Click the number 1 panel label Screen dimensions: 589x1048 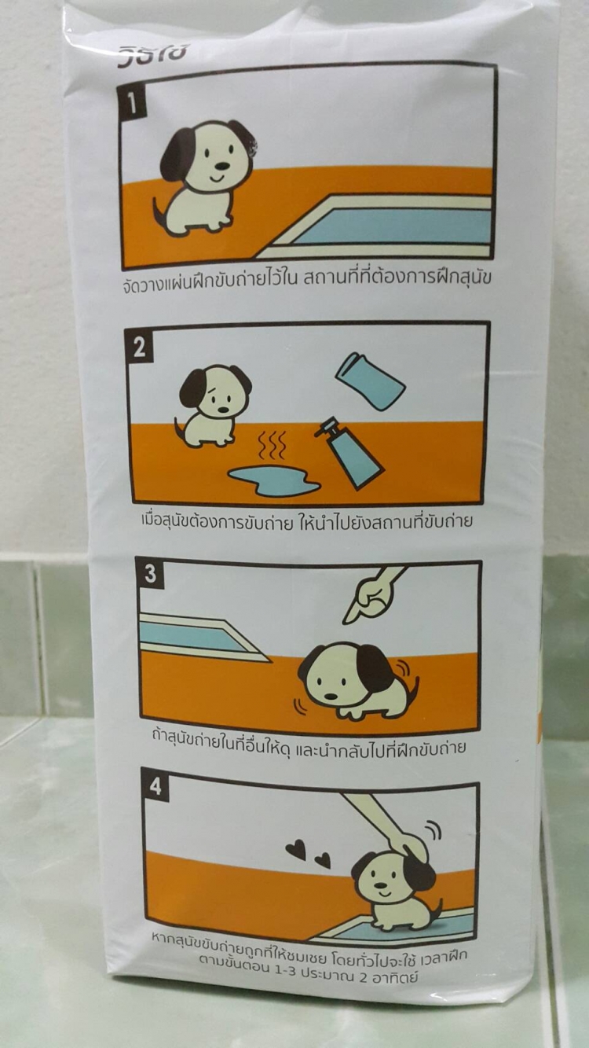click(132, 104)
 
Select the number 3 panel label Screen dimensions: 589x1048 click(150, 574)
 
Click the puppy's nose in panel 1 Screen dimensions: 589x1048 click(222, 165)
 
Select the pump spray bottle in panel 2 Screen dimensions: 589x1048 click(349, 452)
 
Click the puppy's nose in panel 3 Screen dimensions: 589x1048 click(331, 696)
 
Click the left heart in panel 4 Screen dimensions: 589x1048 click(296, 851)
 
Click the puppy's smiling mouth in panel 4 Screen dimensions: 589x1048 click(383, 894)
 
